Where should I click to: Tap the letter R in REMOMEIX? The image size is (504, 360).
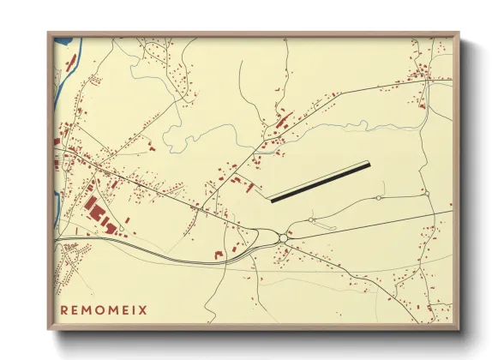pyautogui.click(x=64, y=309)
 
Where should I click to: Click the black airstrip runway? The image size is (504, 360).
pyautogui.click(x=320, y=182)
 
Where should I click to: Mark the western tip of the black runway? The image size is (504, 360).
pyautogui.click(x=272, y=201)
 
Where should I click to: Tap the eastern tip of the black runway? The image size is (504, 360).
pyautogui.click(x=369, y=164)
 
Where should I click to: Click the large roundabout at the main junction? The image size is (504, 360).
pyautogui.click(x=283, y=238)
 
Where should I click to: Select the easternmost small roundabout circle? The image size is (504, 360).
pyautogui.click(x=426, y=195)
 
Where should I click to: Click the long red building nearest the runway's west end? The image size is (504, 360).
pyautogui.click(x=250, y=187)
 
